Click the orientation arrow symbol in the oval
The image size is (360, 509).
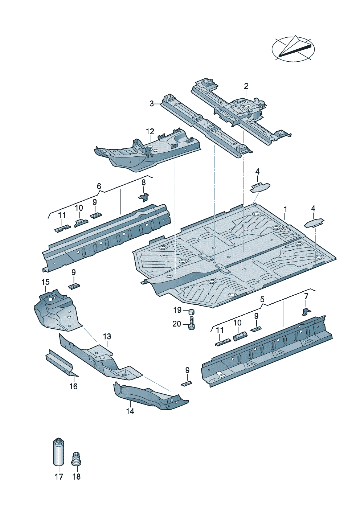point(293,49)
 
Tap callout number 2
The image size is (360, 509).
point(246,86)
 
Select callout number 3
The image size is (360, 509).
point(152,104)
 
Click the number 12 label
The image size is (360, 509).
point(150,131)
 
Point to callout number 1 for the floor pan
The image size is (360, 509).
point(286,209)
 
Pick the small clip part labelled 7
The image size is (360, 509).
point(306,311)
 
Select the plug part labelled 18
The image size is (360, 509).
point(76,459)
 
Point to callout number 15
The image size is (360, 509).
point(45,282)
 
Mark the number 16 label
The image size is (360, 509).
point(73,386)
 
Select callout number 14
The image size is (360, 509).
point(130,411)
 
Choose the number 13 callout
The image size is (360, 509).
point(107,337)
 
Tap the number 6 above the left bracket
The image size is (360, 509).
point(99,186)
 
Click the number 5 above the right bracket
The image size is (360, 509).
point(262,300)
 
